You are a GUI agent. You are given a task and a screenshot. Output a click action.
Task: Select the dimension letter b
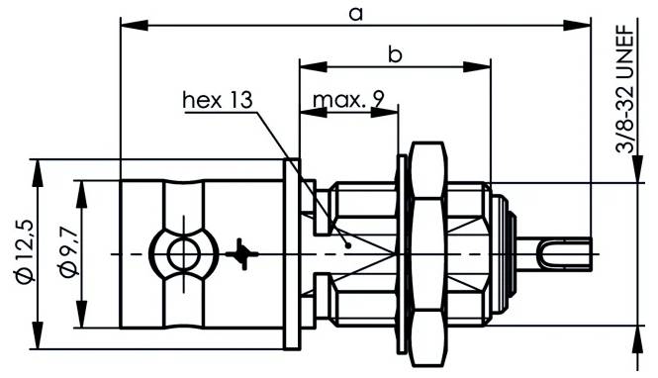tap(395, 55)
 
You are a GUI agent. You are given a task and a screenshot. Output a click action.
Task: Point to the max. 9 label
tap(348, 100)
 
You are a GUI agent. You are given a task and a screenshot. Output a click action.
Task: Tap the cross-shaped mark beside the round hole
tap(241, 254)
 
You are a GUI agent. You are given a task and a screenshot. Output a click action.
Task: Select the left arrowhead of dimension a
tap(127, 24)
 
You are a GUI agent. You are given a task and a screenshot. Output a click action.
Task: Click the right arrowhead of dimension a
tap(584, 24)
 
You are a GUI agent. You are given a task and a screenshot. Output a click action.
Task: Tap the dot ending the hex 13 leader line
tap(348, 240)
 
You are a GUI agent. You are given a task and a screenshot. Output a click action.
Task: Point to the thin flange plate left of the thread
tap(292, 254)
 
